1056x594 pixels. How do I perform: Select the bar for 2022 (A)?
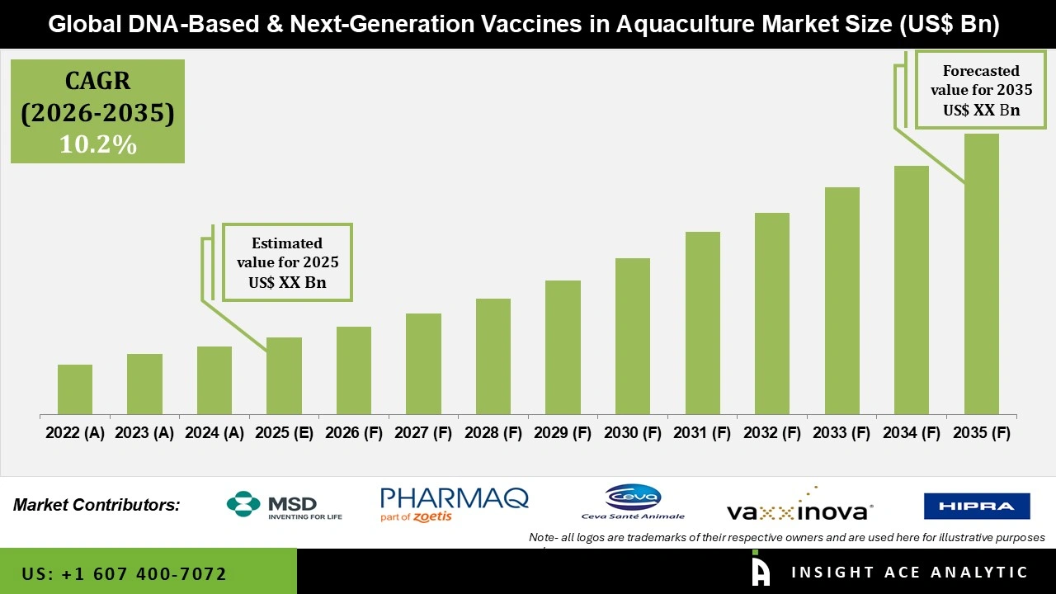pos(75,389)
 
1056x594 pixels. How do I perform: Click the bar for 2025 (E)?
pos(284,376)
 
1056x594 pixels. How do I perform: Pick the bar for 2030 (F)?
pos(633,337)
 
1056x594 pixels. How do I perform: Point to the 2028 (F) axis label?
pos(493,433)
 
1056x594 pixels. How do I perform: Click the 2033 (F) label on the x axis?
pos(841,433)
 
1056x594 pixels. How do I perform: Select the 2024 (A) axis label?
pos(214,433)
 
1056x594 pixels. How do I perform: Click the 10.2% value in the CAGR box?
pos(97,145)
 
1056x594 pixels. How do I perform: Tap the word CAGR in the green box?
pos(97,82)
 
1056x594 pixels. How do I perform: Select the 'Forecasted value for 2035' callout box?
pos(981,91)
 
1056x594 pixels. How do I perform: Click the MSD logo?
pos(284,505)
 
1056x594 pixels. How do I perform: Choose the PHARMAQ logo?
pos(454,504)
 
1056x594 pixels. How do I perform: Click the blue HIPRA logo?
pos(977,506)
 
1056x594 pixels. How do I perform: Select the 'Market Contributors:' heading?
pos(97,504)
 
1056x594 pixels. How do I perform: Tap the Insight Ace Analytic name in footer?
pos(909,573)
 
